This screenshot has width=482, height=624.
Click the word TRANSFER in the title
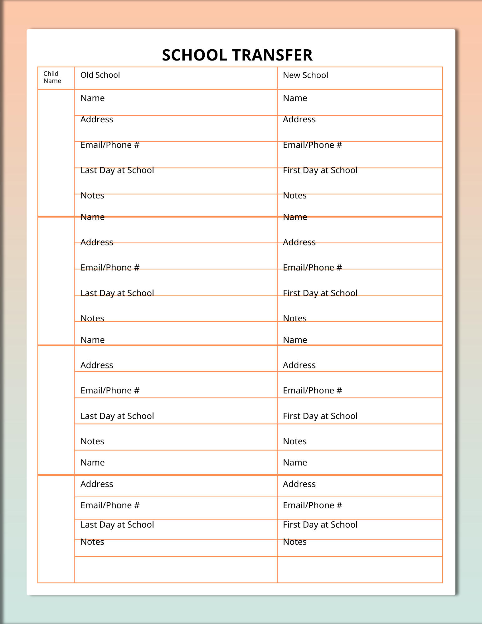pos(272,55)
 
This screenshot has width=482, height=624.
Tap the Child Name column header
pos(52,77)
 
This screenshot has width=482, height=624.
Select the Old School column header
pos(100,75)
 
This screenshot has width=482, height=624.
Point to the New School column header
pos(305,75)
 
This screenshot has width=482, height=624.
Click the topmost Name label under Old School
pos(92,98)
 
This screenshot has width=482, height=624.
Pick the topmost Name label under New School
pos(295,98)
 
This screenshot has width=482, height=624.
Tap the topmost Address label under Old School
pos(97,119)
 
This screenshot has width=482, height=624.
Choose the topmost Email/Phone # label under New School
pos(312,145)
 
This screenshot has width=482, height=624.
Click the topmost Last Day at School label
pos(117,170)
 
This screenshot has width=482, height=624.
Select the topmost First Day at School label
pos(320,170)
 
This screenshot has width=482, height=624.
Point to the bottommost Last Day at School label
pos(117,525)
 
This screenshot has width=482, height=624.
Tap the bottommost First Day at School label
pos(320,525)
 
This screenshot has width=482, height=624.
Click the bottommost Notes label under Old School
pos(92,542)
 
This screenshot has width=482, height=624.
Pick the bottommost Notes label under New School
pos(295,542)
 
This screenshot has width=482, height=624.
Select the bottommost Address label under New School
pos(299,484)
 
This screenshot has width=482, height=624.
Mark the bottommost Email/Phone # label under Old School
pos(110,505)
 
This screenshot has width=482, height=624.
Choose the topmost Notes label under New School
pos(295,196)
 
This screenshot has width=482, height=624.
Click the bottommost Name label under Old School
pos(92,463)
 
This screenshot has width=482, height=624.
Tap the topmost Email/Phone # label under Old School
pos(110,145)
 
